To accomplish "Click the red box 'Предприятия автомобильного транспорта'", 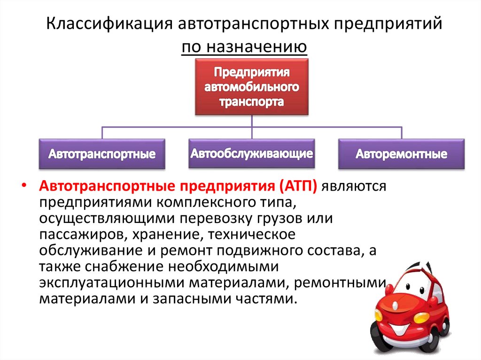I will pyautogui.click(x=252, y=87).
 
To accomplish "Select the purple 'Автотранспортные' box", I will pyautogui.click(x=102, y=154).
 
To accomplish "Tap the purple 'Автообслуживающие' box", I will pyautogui.click(x=252, y=153).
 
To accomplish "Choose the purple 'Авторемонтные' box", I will pyautogui.click(x=401, y=154).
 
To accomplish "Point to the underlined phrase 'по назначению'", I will pyautogui.click(x=245, y=47).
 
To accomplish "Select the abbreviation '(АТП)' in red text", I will pyautogui.click(x=299, y=186).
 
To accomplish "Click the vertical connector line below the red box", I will pyautogui.click(x=252, y=121).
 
